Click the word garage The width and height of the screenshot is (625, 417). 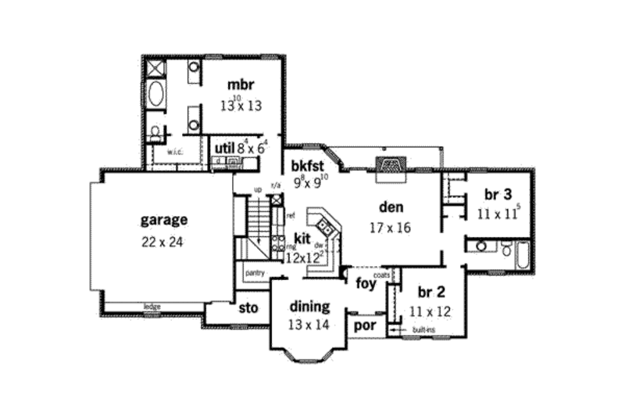163,220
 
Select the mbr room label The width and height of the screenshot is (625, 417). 241,84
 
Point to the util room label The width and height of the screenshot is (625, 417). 223,146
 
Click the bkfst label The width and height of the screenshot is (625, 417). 307,166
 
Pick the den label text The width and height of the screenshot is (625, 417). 390,208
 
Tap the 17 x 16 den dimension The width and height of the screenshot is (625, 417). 390,228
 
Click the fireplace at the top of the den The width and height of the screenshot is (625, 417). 389,167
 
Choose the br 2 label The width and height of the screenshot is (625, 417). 432,293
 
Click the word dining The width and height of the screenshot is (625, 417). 310,306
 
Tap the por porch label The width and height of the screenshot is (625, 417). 364,325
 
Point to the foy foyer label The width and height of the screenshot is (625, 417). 364,282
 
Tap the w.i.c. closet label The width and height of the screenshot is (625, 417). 174,152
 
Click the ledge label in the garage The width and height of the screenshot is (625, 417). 152,306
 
